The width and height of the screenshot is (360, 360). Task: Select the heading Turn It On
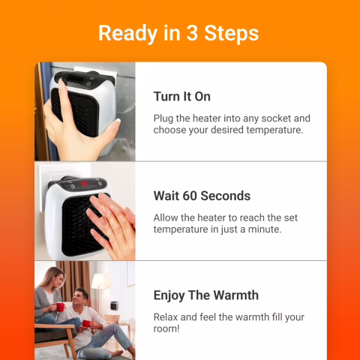tap(181, 97)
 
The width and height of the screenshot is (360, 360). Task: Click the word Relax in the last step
tap(168, 316)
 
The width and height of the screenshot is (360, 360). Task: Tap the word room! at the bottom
tap(169, 328)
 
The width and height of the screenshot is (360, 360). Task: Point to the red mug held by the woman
tap(59, 307)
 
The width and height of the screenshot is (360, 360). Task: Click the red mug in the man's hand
tap(86, 323)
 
